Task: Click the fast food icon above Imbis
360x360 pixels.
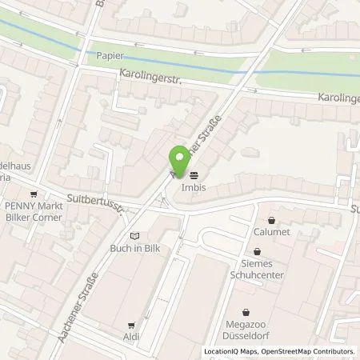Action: [194, 175]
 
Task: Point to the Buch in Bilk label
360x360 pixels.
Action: [134, 247]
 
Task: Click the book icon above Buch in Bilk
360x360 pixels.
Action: [134, 236]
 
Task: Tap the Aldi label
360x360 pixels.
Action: [132, 336]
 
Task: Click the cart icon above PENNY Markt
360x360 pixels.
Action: [33, 194]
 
